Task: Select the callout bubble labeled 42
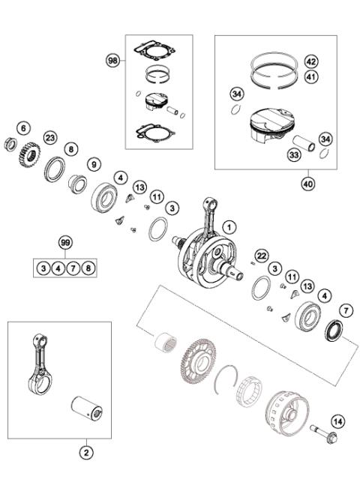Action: click(x=311, y=61)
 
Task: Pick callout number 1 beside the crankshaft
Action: click(x=228, y=225)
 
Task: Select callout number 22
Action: click(x=262, y=256)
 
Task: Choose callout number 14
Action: click(x=337, y=422)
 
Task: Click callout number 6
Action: click(x=22, y=128)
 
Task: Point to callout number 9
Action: click(x=94, y=163)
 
